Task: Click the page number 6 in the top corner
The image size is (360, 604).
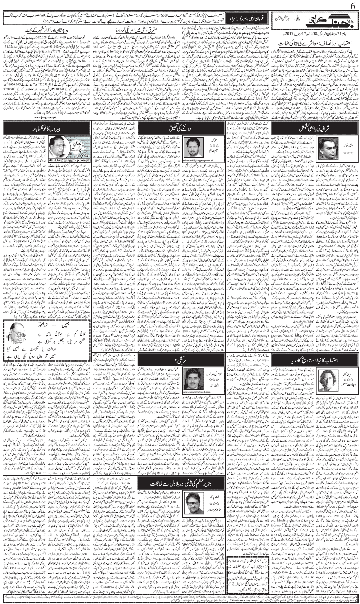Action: (x=352, y=5)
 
